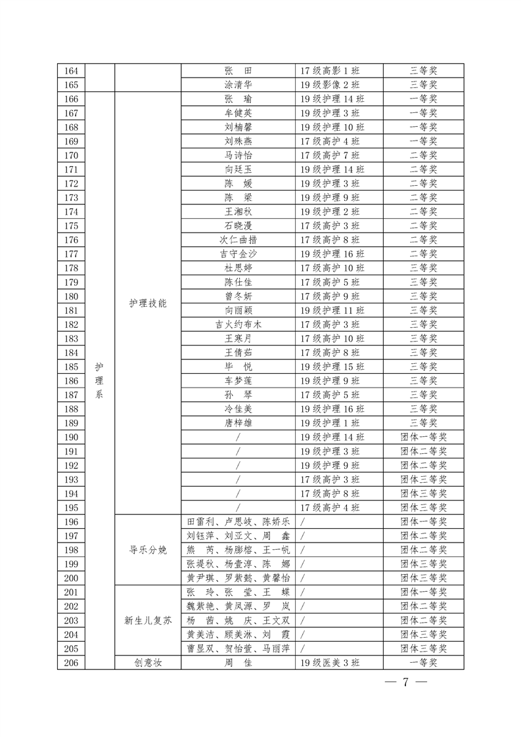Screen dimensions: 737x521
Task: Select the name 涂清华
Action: [x=238, y=85]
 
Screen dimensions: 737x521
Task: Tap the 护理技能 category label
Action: [x=148, y=303]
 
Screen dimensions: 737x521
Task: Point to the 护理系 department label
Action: [x=99, y=381]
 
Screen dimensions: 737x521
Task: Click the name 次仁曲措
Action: [x=238, y=240]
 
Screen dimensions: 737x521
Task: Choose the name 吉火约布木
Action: [x=238, y=324]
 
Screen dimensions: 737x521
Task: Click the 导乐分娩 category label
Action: [x=148, y=550]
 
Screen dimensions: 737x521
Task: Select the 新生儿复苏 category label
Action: [x=148, y=620]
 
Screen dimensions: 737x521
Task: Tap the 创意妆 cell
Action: [x=148, y=663]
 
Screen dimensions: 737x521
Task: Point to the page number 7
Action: [x=405, y=682]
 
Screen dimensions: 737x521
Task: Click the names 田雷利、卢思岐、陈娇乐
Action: [x=238, y=522]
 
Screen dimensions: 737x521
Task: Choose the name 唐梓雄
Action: [x=238, y=423]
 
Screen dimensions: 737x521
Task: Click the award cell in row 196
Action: [x=423, y=522]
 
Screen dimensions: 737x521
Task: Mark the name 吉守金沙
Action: [x=238, y=254]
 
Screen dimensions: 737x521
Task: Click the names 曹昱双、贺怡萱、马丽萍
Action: [x=238, y=648]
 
